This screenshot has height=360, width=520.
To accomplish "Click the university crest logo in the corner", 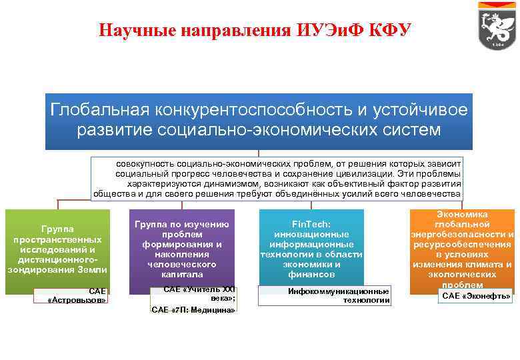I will pyautogui.click(x=497, y=26).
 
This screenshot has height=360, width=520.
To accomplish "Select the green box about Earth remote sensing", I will pyautogui.click(x=57, y=251).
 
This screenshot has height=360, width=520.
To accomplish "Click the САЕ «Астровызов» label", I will pyautogui.click(x=79, y=295).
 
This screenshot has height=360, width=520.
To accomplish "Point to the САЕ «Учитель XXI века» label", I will pyautogui.click(x=199, y=294).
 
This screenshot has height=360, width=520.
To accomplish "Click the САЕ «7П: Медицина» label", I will pyautogui.click(x=193, y=310).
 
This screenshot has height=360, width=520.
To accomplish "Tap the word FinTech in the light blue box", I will pyautogui.click(x=311, y=225).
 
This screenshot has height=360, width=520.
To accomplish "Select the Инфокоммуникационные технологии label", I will pyautogui.click(x=339, y=296).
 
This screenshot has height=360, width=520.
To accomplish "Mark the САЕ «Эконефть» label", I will pyautogui.click(x=477, y=295).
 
